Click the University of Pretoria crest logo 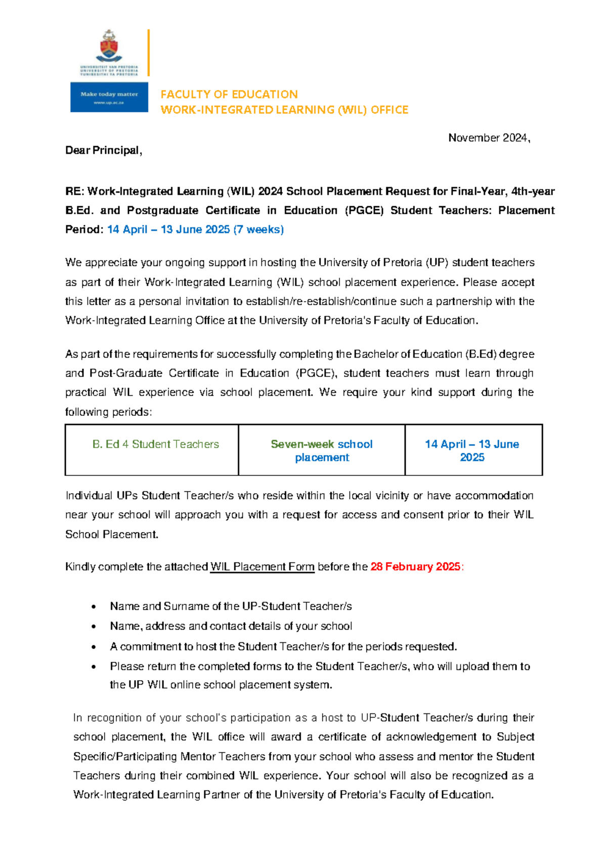click(109, 47)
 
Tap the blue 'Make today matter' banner click(109, 97)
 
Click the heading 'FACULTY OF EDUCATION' click(229, 94)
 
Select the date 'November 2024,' click(489, 138)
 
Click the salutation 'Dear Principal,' click(104, 151)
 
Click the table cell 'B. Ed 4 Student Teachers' click(156, 444)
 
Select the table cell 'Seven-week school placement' click(322, 450)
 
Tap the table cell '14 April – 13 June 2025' click(472, 450)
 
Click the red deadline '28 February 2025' click(415, 566)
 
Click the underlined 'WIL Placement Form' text click(262, 566)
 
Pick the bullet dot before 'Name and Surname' click(93, 607)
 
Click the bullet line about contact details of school click(231, 626)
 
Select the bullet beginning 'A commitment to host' click(283, 646)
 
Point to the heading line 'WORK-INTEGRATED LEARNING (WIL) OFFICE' click(284, 110)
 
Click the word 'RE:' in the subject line click(75, 192)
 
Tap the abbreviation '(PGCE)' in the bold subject click(364, 210)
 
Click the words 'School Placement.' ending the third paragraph click(112, 534)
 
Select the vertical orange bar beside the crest click(149, 53)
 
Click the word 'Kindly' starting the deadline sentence click(80, 566)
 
